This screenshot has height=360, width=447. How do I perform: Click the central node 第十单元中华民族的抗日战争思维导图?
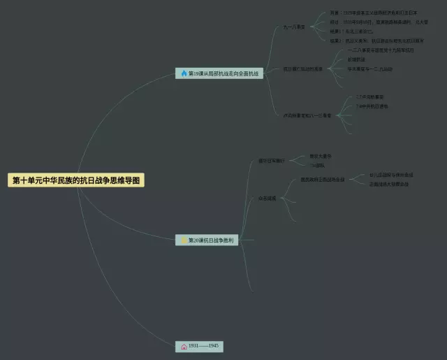77,180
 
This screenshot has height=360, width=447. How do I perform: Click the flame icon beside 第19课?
184,73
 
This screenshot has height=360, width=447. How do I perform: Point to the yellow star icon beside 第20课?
184,240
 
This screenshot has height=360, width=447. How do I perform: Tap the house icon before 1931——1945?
184,346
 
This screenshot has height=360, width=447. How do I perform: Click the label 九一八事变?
294,27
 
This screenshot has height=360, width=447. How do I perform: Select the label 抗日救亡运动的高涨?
302,69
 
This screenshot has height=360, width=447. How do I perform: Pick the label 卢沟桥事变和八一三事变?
307,115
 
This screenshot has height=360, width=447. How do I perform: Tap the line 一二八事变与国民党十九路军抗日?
381,50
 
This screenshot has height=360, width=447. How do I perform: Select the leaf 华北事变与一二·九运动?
369,69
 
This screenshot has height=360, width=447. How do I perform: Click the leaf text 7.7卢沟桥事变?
369,96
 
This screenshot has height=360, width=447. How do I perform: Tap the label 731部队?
317,166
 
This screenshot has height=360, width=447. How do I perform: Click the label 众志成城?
267,199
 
